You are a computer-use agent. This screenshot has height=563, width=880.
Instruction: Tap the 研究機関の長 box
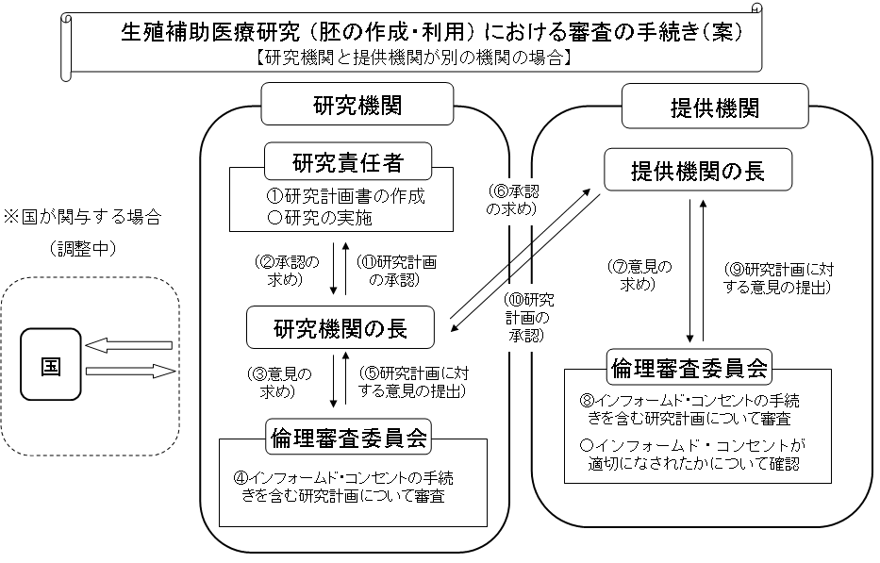340,328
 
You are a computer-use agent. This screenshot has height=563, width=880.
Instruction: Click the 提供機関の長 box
697,171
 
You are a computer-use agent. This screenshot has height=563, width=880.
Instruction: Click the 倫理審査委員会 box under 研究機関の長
349,437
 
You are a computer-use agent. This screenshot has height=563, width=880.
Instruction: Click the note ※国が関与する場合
82,217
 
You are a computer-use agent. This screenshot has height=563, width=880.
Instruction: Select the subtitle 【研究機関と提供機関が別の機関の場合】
413,57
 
